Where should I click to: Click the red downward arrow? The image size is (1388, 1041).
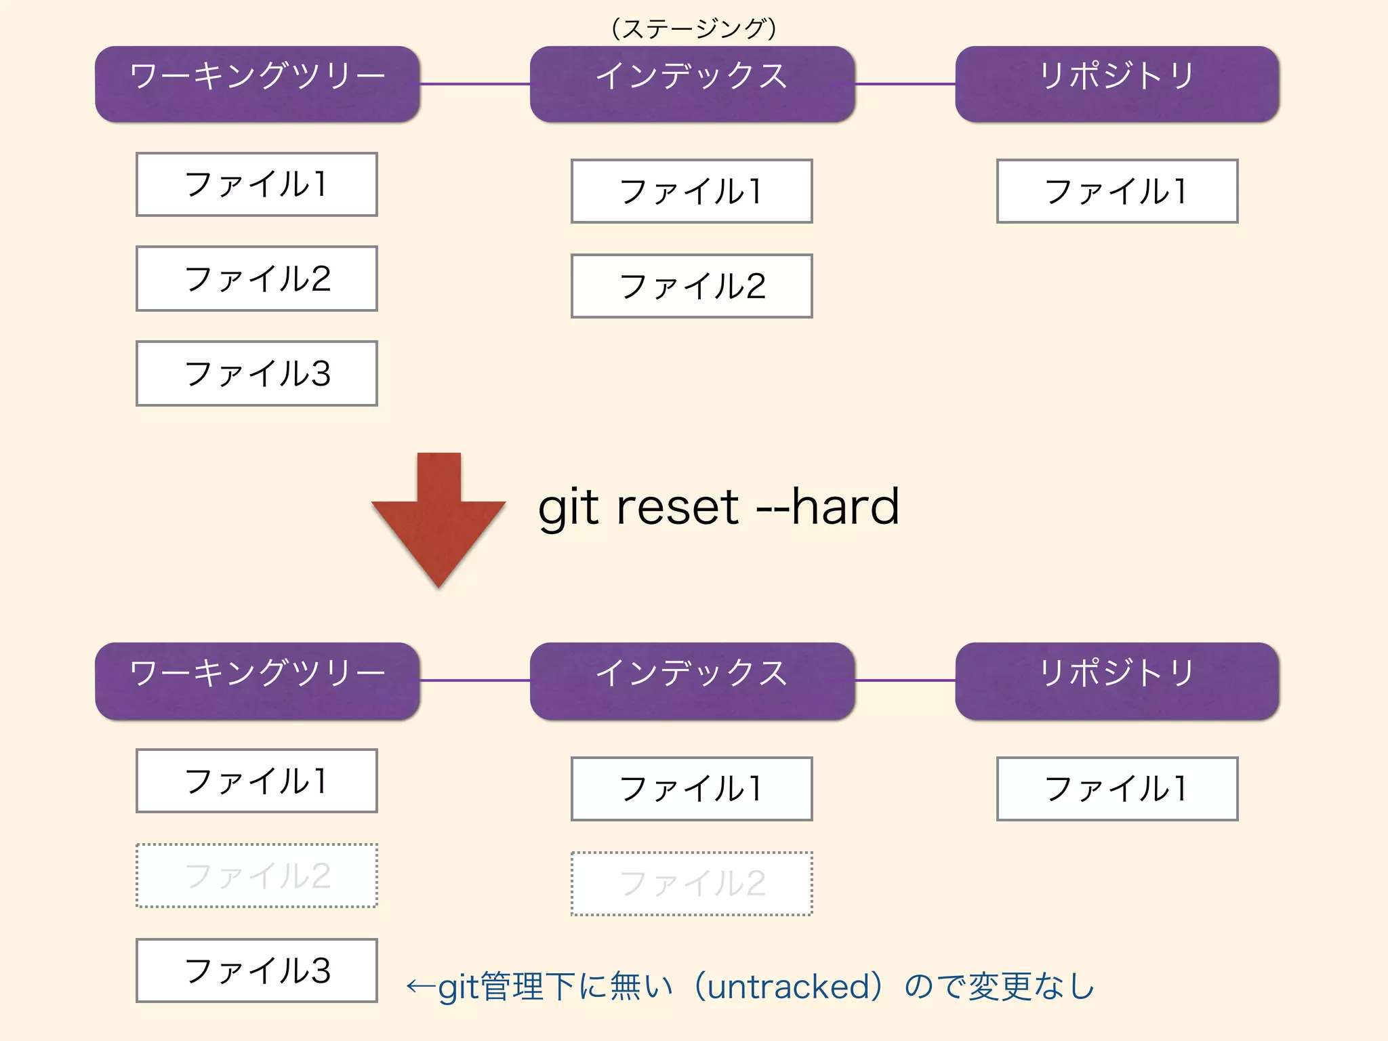(x=438, y=522)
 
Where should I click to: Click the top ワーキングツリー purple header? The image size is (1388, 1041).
(x=257, y=84)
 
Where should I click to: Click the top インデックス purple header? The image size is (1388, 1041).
(x=692, y=84)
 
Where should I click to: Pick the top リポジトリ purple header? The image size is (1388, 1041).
(x=1117, y=84)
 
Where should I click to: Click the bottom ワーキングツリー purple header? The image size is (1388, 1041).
(x=257, y=680)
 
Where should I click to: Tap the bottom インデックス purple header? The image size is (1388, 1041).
(x=692, y=680)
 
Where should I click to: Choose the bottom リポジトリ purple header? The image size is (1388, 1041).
(x=1117, y=680)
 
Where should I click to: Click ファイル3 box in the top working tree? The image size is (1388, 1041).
(x=257, y=373)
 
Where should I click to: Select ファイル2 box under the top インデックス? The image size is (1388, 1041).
(x=692, y=286)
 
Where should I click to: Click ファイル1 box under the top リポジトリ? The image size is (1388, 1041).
(x=1117, y=191)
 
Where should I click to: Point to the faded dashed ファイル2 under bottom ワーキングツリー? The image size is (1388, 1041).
(x=257, y=876)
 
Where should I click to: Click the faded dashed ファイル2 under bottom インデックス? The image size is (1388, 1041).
(x=692, y=884)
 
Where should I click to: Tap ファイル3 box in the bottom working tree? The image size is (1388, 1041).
(x=257, y=971)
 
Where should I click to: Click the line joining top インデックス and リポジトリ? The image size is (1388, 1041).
(x=905, y=84)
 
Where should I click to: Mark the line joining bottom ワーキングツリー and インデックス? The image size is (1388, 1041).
(x=474, y=680)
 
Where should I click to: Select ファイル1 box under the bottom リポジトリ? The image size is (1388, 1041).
(x=1117, y=789)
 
